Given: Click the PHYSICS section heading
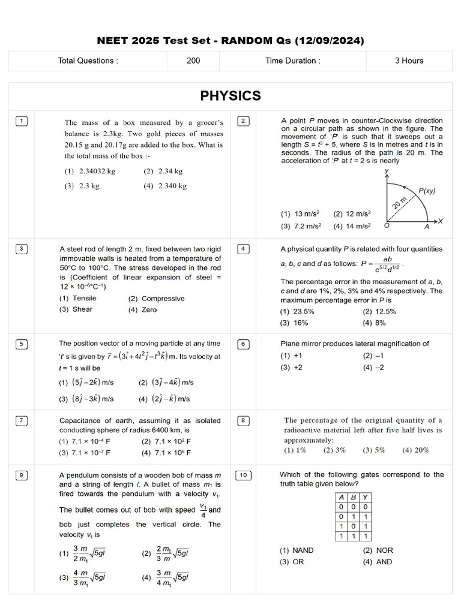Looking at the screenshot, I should click(x=230, y=96).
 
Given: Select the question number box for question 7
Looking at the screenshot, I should click(x=21, y=421).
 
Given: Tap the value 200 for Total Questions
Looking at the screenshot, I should click(x=193, y=61).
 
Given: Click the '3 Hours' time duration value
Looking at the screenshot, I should click(x=409, y=61).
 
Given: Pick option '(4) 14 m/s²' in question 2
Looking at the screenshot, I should click(x=352, y=226).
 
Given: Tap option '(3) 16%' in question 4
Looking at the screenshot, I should click(x=294, y=323).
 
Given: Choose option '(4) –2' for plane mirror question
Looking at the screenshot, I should click(x=373, y=367).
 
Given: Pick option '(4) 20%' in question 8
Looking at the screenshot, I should click(x=416, y=450).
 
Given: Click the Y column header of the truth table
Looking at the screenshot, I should click(x=366, y=497).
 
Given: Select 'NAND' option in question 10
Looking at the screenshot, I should click(x=297, y=550).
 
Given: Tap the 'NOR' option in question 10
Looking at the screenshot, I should click(x=378, y=550).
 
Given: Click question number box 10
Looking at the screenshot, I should click(x=243, y=475).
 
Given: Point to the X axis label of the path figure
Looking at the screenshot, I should click(x=440, y=221).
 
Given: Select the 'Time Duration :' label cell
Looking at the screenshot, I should click(x=292, y=61).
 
